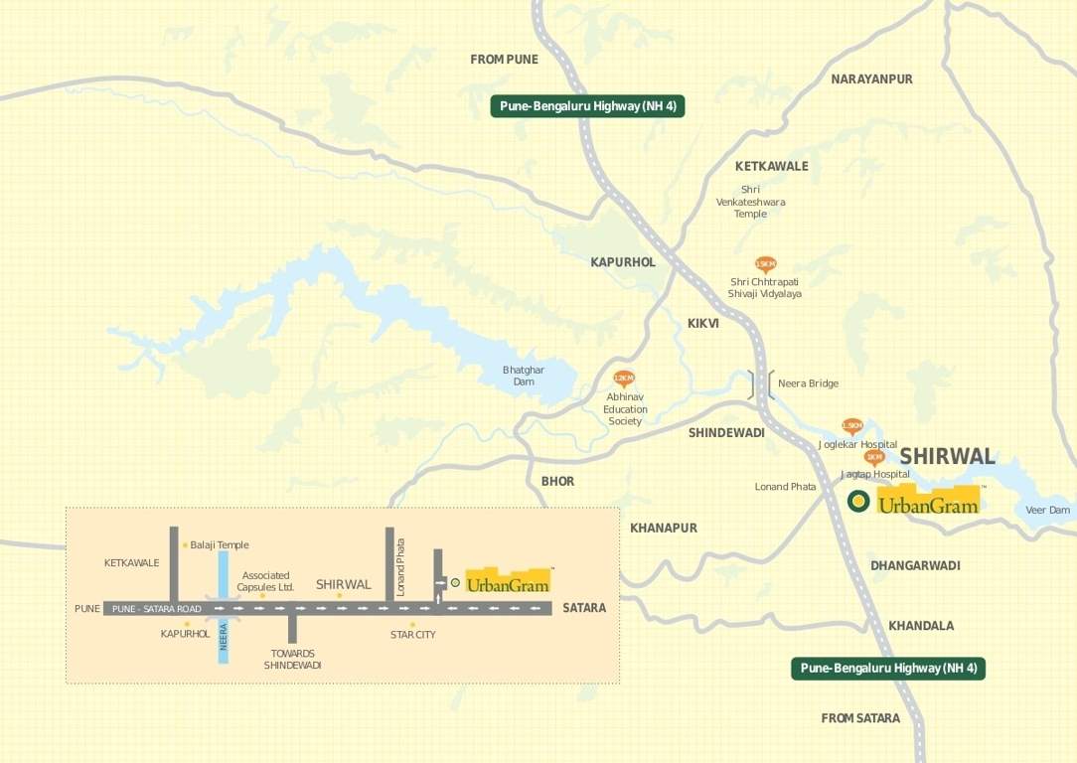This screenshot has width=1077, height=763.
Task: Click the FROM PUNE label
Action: (504, 60)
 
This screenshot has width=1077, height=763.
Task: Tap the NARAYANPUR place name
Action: (871, 78)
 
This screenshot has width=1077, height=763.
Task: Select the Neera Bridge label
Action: (808, 383)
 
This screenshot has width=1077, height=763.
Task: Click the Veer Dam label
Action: (1047, 510)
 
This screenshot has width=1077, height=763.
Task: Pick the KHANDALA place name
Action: (921, 626)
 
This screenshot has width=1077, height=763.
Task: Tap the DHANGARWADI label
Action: (915, 565)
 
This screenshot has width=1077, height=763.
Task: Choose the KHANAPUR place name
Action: (664, 528)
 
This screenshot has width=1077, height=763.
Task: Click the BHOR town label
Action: (557, 481)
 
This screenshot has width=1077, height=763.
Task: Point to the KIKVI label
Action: (702, 324)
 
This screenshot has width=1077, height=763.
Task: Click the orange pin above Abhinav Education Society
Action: (624, 379)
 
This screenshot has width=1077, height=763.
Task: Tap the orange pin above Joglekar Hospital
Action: (851, 426)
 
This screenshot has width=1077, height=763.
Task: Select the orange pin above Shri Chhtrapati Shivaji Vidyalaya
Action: (765, 264)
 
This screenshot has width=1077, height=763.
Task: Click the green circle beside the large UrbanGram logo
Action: (857, 502)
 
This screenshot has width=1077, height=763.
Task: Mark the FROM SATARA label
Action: (860, 717)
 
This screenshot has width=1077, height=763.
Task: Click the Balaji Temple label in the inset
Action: (220, 544)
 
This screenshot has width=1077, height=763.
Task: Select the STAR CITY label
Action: (412, 634)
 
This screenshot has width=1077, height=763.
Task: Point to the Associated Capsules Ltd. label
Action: (266, 581)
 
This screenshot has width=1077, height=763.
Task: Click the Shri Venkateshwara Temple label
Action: (750, 202)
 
